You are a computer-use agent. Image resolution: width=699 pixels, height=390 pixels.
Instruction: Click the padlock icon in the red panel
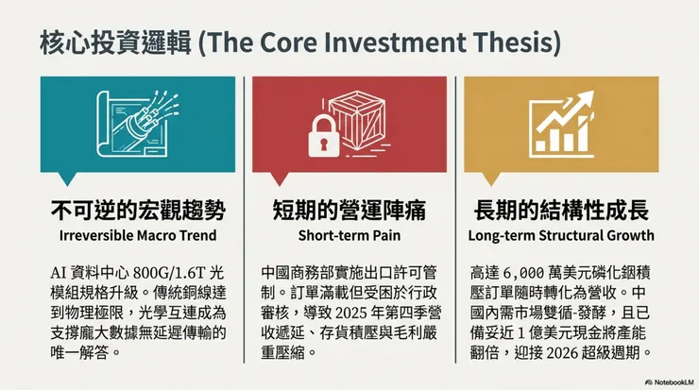(324, 136)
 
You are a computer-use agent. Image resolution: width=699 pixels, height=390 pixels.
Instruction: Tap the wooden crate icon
(358, 120)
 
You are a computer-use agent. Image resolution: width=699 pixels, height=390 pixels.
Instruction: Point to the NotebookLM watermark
(669, 382)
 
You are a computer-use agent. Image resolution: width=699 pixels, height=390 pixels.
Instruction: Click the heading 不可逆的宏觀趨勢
(138, 211)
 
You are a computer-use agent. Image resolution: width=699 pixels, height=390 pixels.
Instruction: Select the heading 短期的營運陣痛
(349, 211)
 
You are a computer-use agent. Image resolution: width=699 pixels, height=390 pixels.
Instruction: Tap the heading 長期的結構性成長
(561, 211)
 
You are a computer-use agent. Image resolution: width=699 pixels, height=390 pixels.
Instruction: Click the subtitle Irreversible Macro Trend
(138, 235)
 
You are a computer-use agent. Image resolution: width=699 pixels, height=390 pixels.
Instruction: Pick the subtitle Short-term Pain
(349, 235)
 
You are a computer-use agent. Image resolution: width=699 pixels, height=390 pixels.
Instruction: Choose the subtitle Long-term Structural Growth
(561, 235)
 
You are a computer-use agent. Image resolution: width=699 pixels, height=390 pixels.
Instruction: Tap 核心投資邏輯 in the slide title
(115, 42)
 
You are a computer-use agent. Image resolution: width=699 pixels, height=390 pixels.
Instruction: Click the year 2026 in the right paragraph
(562, 352)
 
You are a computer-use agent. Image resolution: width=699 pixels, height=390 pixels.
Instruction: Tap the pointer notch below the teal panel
(68, 178)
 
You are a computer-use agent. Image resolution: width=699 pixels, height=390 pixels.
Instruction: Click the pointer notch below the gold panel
(491, 178)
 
